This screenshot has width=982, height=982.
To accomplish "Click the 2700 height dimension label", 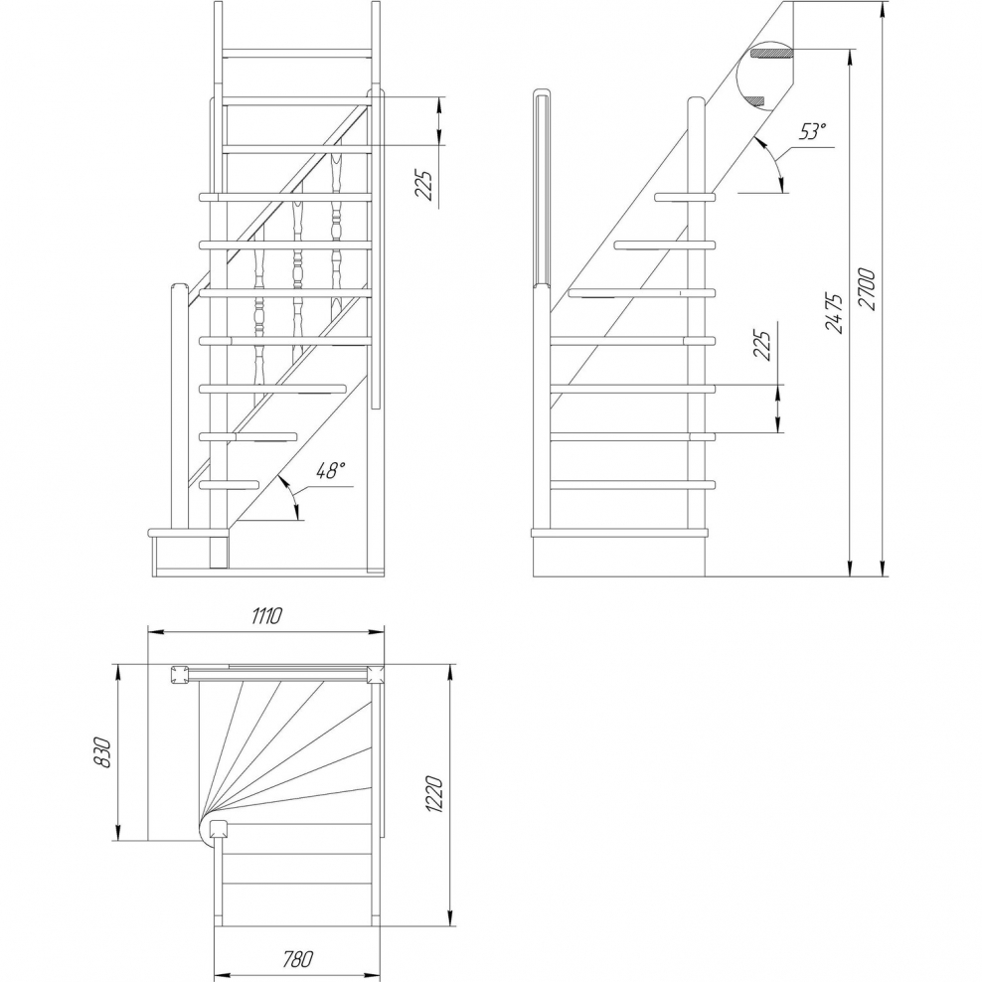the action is [869, 289].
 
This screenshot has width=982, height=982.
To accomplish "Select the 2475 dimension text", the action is [834, 312].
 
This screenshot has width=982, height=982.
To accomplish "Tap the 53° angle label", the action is [812, 132].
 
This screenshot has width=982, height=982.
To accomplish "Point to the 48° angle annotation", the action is [330, 470].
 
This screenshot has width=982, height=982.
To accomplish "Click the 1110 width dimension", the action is [266, 616].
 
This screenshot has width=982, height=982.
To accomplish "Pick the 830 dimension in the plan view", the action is [101, 752].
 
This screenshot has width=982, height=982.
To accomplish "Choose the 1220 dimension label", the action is [434, 795].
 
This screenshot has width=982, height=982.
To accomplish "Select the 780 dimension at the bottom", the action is [297, 959].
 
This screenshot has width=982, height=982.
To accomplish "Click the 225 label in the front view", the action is [425, 185].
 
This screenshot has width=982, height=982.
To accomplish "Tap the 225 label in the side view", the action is [761, 345].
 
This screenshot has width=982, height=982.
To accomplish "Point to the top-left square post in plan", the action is [180, 675].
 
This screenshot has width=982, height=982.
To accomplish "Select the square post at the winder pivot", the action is [218, 830].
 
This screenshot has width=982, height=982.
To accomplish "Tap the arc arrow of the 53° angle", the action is [774, 160].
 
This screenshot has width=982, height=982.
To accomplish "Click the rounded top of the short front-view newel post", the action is [179, 287].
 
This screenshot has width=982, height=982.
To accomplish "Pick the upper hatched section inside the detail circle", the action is [771, 53].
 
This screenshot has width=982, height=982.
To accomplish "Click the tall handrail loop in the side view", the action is [542, 188].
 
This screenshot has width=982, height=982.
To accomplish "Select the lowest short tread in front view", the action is [230, 484].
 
